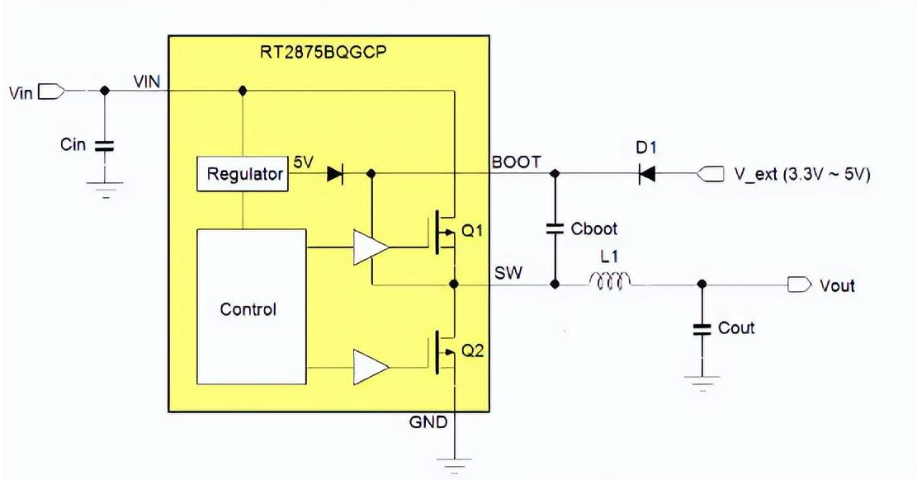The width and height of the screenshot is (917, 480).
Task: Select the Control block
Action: click(x=248, y=309)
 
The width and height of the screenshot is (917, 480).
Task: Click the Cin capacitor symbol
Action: click(x=105, y=146)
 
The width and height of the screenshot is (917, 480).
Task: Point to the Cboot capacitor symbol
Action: click(x=555, y=228)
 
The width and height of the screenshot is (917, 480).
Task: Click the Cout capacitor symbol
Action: click(x=702, y=328)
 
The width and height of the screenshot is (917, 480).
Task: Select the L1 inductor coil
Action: click(x=610, y=283)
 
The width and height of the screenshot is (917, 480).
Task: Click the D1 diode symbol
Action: click(x=648, y=174)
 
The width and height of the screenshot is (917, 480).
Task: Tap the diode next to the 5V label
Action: click(x=335, y=174)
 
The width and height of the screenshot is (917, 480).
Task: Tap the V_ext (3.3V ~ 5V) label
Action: click(x=801, y=175)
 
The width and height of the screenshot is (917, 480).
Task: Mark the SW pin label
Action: click(x=508, y=272)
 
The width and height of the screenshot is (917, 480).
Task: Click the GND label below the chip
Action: click(x=428, y=422)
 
